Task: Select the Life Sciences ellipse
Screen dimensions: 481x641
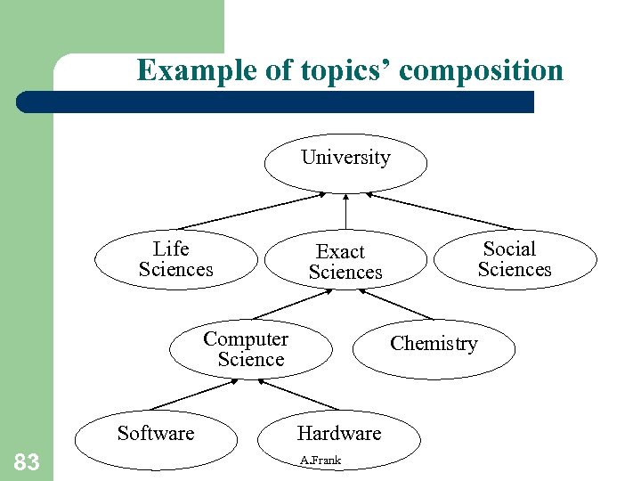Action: click(175, 260)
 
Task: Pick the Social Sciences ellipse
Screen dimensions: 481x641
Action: click(514, 260)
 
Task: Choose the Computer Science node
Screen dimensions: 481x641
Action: click(250, 349)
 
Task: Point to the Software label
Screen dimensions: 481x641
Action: click(156, 434)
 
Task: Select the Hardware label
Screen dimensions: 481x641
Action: click(338, 434)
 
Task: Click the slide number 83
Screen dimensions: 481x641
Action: click(27, 461)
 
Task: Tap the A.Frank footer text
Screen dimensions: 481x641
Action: click(320, 461)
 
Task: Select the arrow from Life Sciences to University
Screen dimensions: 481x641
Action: click(254, 210)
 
